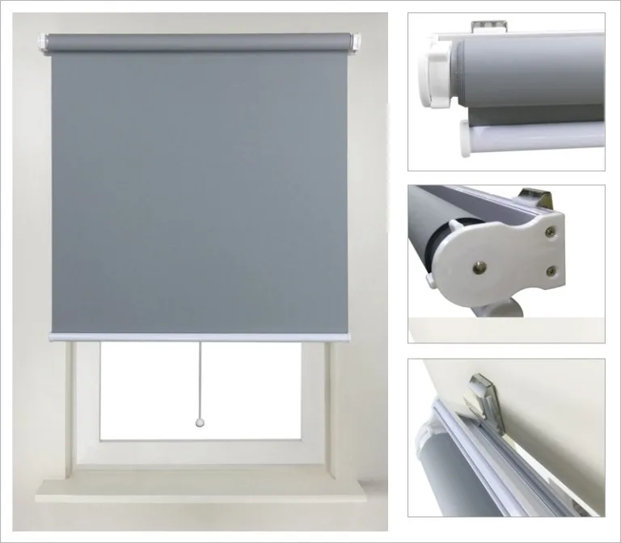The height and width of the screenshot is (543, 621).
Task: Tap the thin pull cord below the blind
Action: point(198,380)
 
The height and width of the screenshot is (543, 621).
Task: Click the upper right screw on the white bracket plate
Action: point(551,233)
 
